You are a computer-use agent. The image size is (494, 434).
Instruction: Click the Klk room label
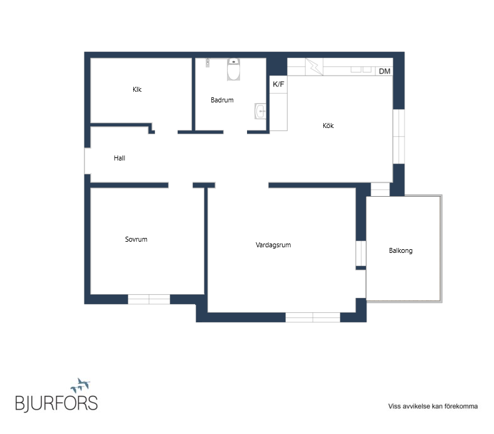coord(137,89)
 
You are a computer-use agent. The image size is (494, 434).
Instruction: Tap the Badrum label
coord(222,100)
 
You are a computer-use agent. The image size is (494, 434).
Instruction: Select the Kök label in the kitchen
coord(328,126)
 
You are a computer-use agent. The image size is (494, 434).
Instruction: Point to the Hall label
coord(119,158)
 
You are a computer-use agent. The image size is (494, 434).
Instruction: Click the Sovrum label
coord(136,239)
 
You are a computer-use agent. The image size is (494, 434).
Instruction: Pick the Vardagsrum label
coord(273,245)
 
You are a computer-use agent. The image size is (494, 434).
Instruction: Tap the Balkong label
coord(401,250)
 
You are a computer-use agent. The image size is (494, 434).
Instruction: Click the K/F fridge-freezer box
coord(278,84)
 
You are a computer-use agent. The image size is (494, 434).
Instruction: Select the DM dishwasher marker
coord(385,71)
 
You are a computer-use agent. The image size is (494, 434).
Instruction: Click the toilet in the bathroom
coord(233,69)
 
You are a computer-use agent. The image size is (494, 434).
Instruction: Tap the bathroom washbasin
coord(260,111)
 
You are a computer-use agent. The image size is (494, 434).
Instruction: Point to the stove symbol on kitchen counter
coord(314,67)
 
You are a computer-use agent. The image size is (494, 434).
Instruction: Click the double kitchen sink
coord(361,69)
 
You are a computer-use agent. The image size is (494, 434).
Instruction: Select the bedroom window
coord(149,299)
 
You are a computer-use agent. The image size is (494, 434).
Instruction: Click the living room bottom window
coord(313,317)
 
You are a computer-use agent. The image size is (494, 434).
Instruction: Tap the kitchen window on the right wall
coord(398,136)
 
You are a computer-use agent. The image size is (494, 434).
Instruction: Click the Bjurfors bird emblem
coord(80,385)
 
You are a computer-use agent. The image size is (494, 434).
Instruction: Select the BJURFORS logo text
coord(57,403)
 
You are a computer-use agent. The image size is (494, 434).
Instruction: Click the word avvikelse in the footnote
coord(416,407)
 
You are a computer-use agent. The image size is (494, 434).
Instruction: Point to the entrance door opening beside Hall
coord(88,161)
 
